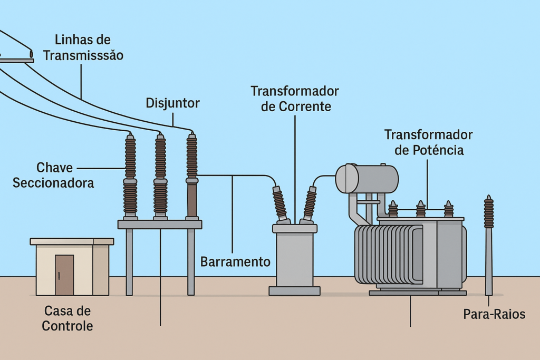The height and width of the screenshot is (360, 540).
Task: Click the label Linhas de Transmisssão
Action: tap(83, 47)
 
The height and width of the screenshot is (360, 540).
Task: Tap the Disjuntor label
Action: tap(172, 103)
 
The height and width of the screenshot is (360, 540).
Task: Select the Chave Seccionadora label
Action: tap(53, 175)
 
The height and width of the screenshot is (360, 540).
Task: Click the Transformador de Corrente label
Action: tap(295, 99)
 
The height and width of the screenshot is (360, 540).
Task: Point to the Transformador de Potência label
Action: tap(428, 142)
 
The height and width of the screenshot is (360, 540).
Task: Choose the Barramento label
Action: tap(235, 261)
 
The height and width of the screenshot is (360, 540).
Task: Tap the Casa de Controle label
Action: tap(67, 318)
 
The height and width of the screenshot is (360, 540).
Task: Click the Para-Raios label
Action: tap(494, 314)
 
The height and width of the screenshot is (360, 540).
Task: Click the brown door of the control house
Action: tap(64, 275)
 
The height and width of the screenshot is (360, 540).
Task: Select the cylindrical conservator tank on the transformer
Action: tap(367, 179)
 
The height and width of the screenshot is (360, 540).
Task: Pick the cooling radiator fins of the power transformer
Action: tap(388, 254)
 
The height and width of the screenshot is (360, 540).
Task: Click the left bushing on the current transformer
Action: tap(279, 203)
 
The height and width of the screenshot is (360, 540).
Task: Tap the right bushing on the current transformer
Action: tap(310, 203)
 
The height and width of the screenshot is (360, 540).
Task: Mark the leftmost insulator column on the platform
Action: tap(130, 177)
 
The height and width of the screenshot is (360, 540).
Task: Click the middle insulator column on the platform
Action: tap(160, 177)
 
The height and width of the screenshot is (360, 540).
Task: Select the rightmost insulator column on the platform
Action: tap(192, 177)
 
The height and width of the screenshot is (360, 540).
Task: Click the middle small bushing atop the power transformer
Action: tap(420, 209)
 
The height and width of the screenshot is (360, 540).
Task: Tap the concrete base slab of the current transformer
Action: tap(294, 290)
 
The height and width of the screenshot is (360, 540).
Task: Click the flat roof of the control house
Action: tap(72, 241)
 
